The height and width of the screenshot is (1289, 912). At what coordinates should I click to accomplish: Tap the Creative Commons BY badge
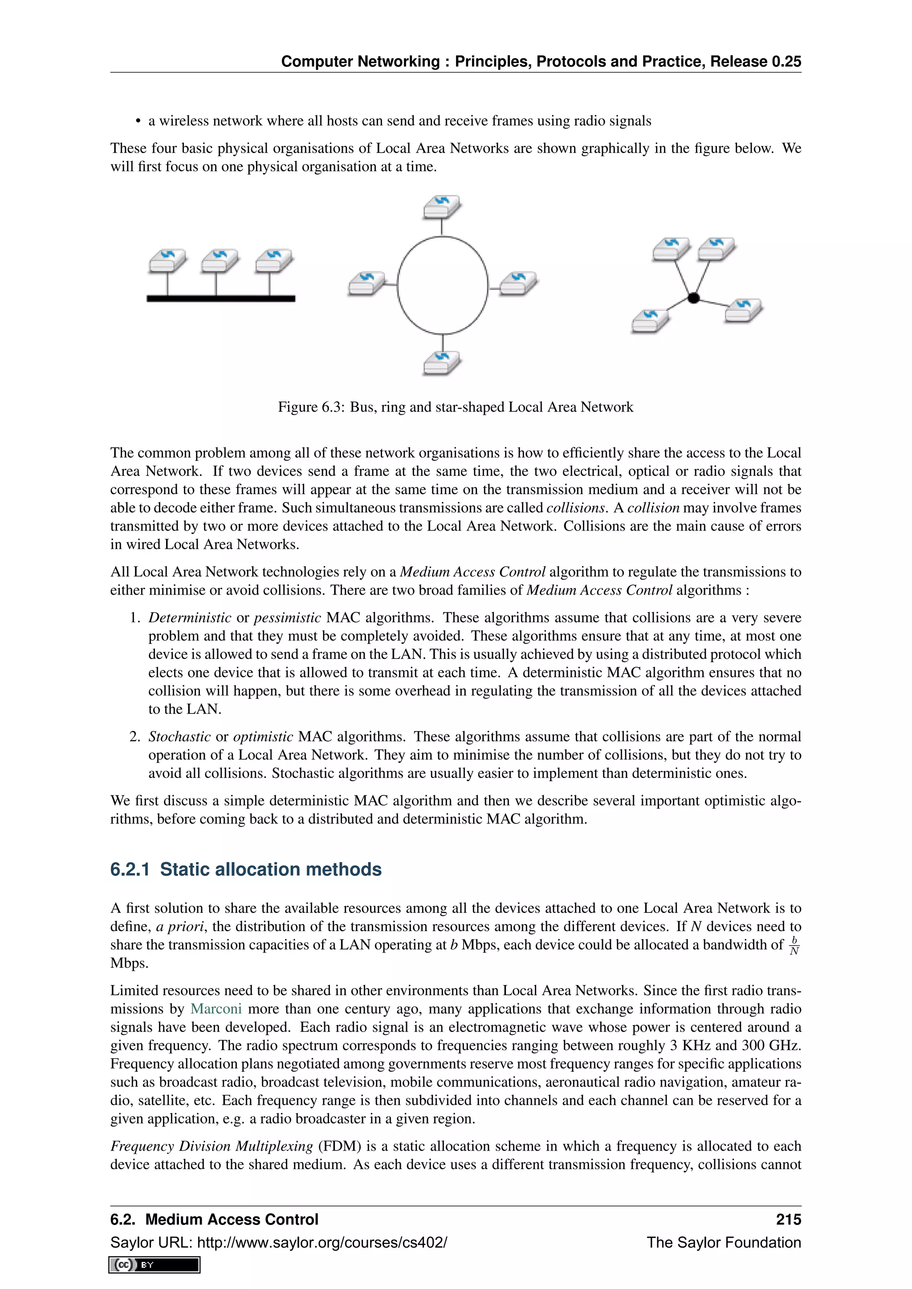(155, 1265)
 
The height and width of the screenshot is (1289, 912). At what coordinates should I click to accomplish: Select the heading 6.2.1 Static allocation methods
(246, 869)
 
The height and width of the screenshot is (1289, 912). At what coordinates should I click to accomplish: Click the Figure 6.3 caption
(456, 407)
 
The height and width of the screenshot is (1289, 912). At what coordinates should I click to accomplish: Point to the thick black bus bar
(221, 299)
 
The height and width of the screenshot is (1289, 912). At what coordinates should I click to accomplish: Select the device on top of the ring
(442, 207)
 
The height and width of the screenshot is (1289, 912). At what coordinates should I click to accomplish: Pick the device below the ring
(442, 363)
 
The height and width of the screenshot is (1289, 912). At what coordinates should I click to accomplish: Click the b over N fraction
(794, 945)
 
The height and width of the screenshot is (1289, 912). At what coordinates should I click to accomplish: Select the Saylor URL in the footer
(278, 1242)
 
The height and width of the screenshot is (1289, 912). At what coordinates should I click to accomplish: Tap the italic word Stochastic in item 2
(179, 737)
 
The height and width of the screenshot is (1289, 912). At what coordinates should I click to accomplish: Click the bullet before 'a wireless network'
(138, 122)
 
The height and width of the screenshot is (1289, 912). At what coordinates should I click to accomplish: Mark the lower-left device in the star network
(650, 320)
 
